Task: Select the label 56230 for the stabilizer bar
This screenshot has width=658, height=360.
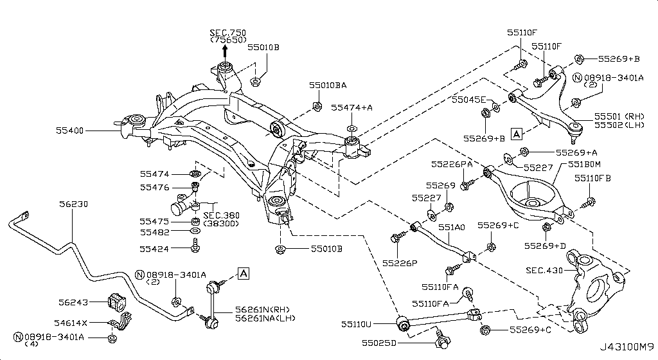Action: tap(74, 204)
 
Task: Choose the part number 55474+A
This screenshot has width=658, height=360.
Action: tap(351, 107)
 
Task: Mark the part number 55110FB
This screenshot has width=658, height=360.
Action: tap(592, 178)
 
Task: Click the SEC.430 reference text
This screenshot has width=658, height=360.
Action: tap(542, 270)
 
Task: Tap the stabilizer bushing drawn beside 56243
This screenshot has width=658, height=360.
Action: tap(117, 300)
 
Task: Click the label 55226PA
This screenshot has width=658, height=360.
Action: tap(452, 163)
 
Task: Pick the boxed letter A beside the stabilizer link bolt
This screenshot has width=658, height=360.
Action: tap(243, 274)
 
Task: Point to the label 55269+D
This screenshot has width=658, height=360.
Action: tap(544, 246)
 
